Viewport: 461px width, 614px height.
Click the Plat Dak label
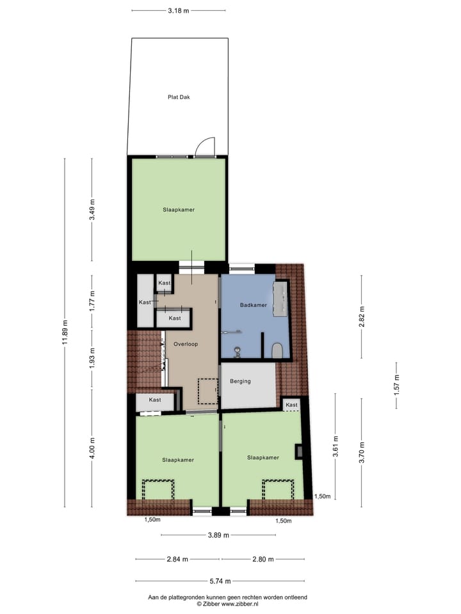[179, 97]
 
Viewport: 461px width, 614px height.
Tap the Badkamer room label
[254, 305]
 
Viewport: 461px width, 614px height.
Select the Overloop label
[186, 344]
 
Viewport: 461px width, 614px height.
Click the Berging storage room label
[240, 381]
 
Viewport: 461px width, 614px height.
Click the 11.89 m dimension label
[65, 332]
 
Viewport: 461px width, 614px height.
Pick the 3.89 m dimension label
[218, 535]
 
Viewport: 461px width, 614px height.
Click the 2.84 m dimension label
[177, 559]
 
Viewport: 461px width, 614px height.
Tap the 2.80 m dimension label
[263, 559]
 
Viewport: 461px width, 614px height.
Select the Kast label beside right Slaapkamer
[292, 405]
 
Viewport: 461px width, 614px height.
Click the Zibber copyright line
[227, 603]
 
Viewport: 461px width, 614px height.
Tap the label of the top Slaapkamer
[179, 210]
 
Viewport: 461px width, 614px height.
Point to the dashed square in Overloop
[207, 391]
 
